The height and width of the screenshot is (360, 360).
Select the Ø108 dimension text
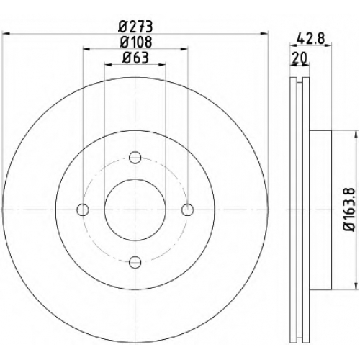pos(136,42)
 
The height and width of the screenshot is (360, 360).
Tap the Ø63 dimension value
pos(135,58)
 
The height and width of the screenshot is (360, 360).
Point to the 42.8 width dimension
pos(310,38)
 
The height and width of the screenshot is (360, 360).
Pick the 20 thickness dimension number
pos(300,58)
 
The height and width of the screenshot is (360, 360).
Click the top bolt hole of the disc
pos(135,158)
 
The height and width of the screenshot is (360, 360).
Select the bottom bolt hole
pos(135,262)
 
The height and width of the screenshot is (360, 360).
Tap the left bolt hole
pos(83,210)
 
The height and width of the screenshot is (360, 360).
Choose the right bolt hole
pos(187,210)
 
